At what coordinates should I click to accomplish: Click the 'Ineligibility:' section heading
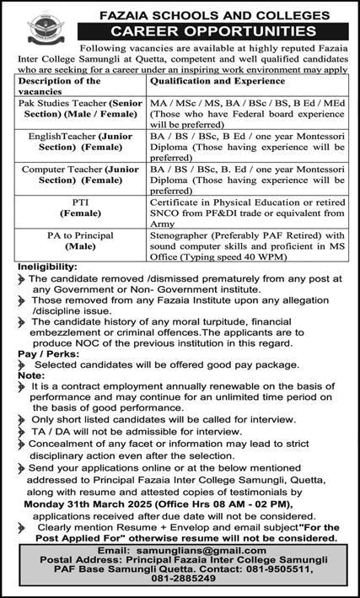[x=48, y=267]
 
